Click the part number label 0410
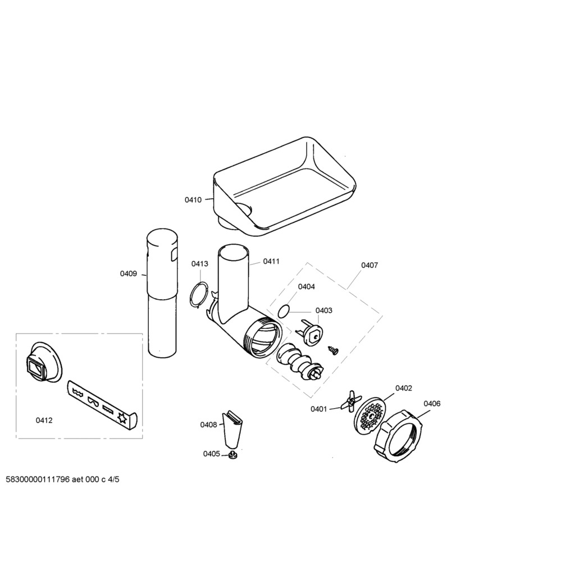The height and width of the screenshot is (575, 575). click(193, 200)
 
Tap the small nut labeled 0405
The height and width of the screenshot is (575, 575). click(232, 455)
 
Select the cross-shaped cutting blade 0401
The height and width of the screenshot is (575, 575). click(351, 400)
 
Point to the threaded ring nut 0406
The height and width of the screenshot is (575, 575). click(398, 437)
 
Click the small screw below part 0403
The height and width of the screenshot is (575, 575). click(334, 350)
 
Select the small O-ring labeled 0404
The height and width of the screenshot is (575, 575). click(284, 311)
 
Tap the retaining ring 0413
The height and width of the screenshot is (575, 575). click(199, 293)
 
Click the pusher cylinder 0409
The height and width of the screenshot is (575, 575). click(162, 293)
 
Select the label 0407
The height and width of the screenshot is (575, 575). click(369, 265)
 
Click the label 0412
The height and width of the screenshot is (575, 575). click(44, 420)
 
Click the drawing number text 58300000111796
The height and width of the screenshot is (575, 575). click(38, 480)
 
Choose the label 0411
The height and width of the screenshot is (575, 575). click(271, 261)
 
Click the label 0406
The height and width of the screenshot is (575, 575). click(432, 403)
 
